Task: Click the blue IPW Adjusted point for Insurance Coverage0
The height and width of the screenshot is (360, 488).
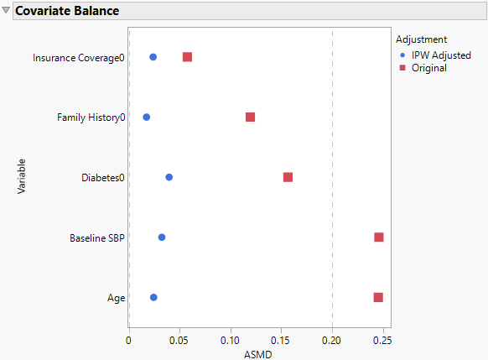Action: point(153,57)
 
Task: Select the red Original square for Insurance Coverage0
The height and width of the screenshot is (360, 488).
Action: point(187,57)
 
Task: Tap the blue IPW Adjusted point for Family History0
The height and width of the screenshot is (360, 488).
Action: point(146,117)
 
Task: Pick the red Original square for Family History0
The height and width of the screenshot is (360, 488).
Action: point(250,117)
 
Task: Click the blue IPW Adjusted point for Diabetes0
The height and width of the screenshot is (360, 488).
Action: point(169,177)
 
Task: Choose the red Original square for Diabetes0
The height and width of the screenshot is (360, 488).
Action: point(288,177)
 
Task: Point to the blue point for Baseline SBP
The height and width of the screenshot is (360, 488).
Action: point(162,237)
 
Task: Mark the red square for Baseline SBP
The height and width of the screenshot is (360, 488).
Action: point(378,237)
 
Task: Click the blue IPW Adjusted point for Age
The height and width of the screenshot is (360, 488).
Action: point(153,297)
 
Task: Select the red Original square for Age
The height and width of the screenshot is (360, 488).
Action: point(378,297)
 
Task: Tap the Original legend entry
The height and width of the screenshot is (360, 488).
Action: point(428,68)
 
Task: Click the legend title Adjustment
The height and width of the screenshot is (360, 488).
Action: point(421,39)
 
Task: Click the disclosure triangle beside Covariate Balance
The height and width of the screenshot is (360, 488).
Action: point(6,12)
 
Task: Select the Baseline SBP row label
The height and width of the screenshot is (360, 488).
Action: point(96,238)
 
